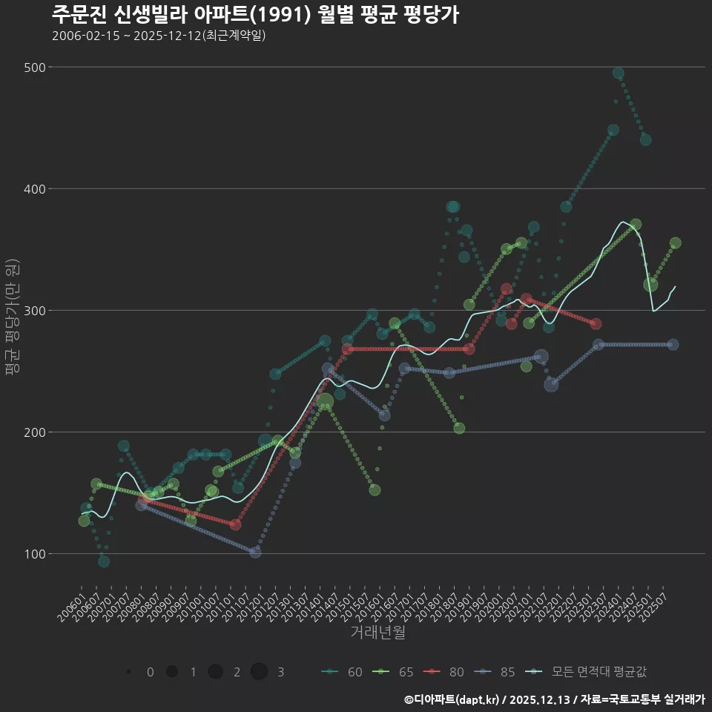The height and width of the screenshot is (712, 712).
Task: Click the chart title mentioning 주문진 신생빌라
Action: tap(254, 14)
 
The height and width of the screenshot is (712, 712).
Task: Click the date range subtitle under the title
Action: tap(159, 36)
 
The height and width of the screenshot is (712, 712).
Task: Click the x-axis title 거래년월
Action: tap(378, 633)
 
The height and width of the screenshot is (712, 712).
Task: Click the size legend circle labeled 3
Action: tap(259, 672)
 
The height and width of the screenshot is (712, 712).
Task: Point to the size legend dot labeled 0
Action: tap(129, 672)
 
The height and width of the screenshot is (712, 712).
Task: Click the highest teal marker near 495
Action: tap(618, 73)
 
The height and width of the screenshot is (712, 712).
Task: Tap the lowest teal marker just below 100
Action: tap(104, 561)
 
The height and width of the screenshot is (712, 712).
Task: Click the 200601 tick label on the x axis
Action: tap(72, 603)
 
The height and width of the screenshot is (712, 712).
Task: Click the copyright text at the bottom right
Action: tap(553, 699)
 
